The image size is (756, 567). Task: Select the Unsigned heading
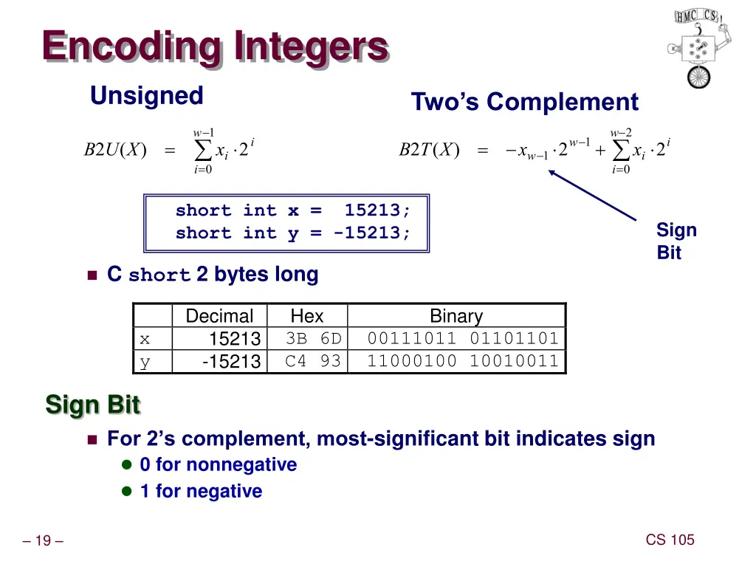tap(147, 95)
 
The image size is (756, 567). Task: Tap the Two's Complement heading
tap(525, 102)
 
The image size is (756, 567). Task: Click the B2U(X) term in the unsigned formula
tap(115, 149)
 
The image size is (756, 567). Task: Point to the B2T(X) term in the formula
tap(429, 149)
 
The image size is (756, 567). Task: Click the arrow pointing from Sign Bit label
tap(592, 195)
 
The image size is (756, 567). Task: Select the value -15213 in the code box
tap(367, 233)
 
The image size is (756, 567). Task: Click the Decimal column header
tap(219, 316)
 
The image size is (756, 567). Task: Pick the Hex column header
tap(306, 316)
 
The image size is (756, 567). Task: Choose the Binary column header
tap(456, 316)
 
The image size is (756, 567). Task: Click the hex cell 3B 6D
tap(313, 338)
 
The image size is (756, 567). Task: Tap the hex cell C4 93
tap(313, 361)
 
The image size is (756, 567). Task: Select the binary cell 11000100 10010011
tap(463, 361)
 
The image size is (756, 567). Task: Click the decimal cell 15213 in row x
tap(235, 338)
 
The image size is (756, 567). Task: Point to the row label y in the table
tap(145, 362)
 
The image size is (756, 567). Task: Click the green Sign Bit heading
tap(92, 404)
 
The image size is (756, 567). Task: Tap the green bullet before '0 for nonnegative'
tap(127, 465)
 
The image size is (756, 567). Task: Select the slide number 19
tap(43, 540)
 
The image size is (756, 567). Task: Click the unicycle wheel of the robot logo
tap(698, 77)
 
